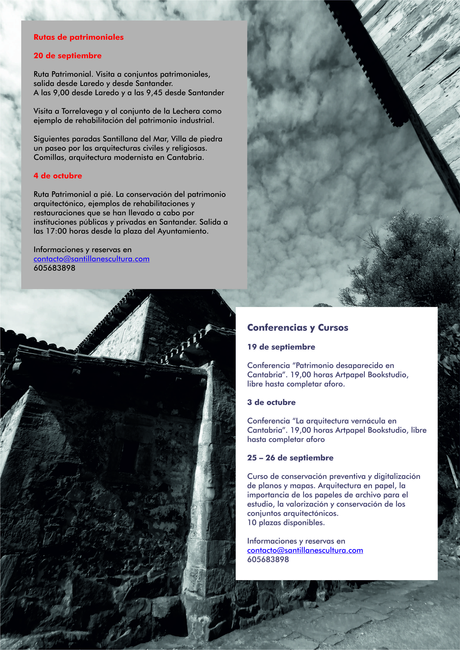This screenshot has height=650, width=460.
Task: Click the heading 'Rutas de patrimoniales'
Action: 79,37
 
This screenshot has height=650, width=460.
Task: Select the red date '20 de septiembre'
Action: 67,55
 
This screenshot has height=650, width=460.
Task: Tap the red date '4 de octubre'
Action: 58,176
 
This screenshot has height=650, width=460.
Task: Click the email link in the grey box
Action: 91,259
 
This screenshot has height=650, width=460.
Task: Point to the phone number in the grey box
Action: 54,268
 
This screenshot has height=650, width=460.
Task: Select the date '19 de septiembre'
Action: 281,347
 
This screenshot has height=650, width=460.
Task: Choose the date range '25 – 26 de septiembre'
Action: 290,458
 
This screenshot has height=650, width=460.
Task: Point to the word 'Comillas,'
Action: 50,157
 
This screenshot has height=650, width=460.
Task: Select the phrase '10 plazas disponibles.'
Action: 286,522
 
